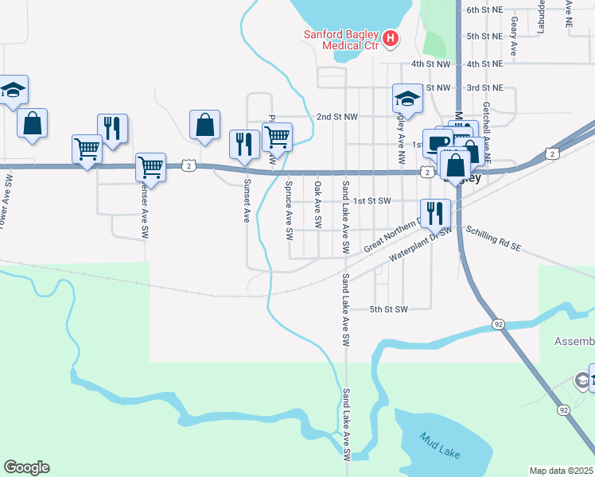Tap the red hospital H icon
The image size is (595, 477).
coord(390,38)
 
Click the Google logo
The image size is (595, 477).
coord(26,467)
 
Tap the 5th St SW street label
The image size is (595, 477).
coord(390,309)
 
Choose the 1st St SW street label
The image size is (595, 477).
coord(373,202)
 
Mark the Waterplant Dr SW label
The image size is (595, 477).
coord(420,245)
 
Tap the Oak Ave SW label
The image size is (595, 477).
coord(317,203)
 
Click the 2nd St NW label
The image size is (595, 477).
coord(338,117)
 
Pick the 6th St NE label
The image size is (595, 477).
coord(485,10)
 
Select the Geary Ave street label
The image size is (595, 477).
coord(515,36)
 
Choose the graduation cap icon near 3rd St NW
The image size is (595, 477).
coord(407,99)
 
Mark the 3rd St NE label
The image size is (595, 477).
coord(485,87)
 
